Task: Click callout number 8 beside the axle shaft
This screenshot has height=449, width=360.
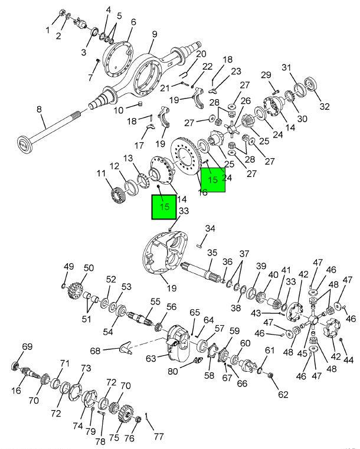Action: pos(40,109)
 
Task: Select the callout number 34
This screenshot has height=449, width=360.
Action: pos(210,228)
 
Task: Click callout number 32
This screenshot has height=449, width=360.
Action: pos(324,106)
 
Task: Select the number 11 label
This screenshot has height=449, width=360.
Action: pos(102,173)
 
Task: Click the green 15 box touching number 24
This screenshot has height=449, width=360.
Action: pos(213,179)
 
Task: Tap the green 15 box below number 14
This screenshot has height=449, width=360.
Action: pos(163,207)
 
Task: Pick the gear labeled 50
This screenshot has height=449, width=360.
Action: pos(75,289)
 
